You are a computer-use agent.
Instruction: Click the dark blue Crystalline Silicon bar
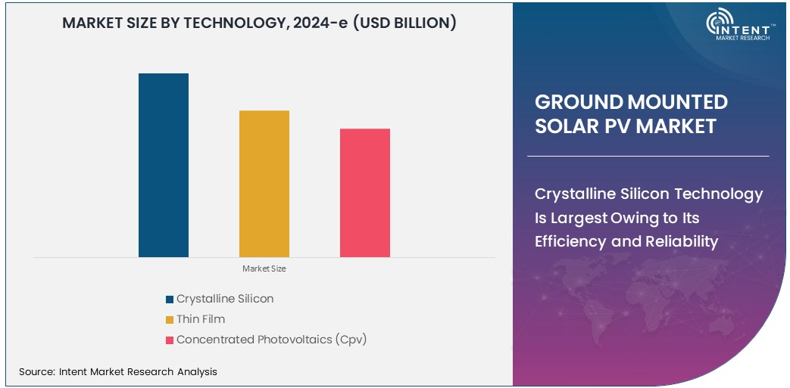[x=163, y=165]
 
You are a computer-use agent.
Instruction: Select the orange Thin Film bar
[x=264, y=184]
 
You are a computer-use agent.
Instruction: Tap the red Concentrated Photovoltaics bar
[x=364, y=193]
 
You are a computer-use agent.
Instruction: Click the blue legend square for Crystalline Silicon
[x=170, y=300]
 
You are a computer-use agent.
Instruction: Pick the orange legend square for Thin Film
[x=170, y=320]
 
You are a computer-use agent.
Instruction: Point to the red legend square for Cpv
[x=170, y=340]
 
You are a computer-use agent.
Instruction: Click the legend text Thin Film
[x=201, y=319]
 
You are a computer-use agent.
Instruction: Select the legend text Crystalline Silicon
[x=225, y=299]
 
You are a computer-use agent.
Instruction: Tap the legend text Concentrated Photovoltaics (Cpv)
[x=271, y=340]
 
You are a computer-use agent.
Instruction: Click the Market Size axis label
[x=264, y=268]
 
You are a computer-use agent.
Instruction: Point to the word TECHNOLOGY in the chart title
[x=225, y=23]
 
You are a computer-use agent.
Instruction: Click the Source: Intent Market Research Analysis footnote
[x=117, y=371]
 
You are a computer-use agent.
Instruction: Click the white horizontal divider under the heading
[x=648, y=157]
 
